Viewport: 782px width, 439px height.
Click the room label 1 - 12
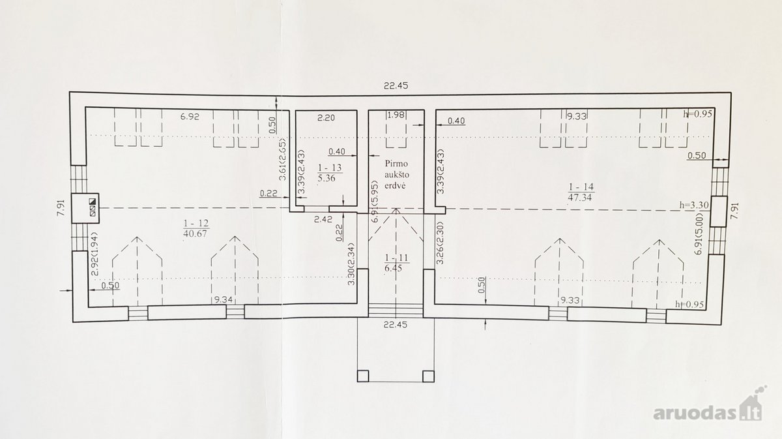(x=196, y=223)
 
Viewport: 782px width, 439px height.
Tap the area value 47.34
(x=579, y=198)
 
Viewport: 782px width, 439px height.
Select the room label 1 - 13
(x=330, y=168)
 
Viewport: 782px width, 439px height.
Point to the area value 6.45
(x=394, y=269)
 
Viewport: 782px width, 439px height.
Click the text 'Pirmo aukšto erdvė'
(x=396, y=174)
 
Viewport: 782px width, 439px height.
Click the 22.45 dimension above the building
(x=396, y=85)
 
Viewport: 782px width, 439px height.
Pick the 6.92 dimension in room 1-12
(x=190, y=117)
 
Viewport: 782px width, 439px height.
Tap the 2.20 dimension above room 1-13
(x=326, y=118)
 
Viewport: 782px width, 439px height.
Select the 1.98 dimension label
(x=396, y=115)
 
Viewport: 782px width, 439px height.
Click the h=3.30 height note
(x=694, y=205)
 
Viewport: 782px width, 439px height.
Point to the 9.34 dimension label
(x=224, y=299)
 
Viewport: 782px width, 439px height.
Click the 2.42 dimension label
(x=323, y=219)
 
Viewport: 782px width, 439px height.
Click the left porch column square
(x=363, y=376)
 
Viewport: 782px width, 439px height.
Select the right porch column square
(x=428, y=376)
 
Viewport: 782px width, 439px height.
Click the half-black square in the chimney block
(x=93, y=202)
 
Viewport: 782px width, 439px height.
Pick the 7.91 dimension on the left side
(x=61, y=207)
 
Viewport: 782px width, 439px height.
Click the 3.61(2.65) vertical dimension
(x=282, y=160)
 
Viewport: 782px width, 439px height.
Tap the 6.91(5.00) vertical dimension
(x=699, y=234)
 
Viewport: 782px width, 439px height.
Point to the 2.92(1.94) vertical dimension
(x=94, y=254)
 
